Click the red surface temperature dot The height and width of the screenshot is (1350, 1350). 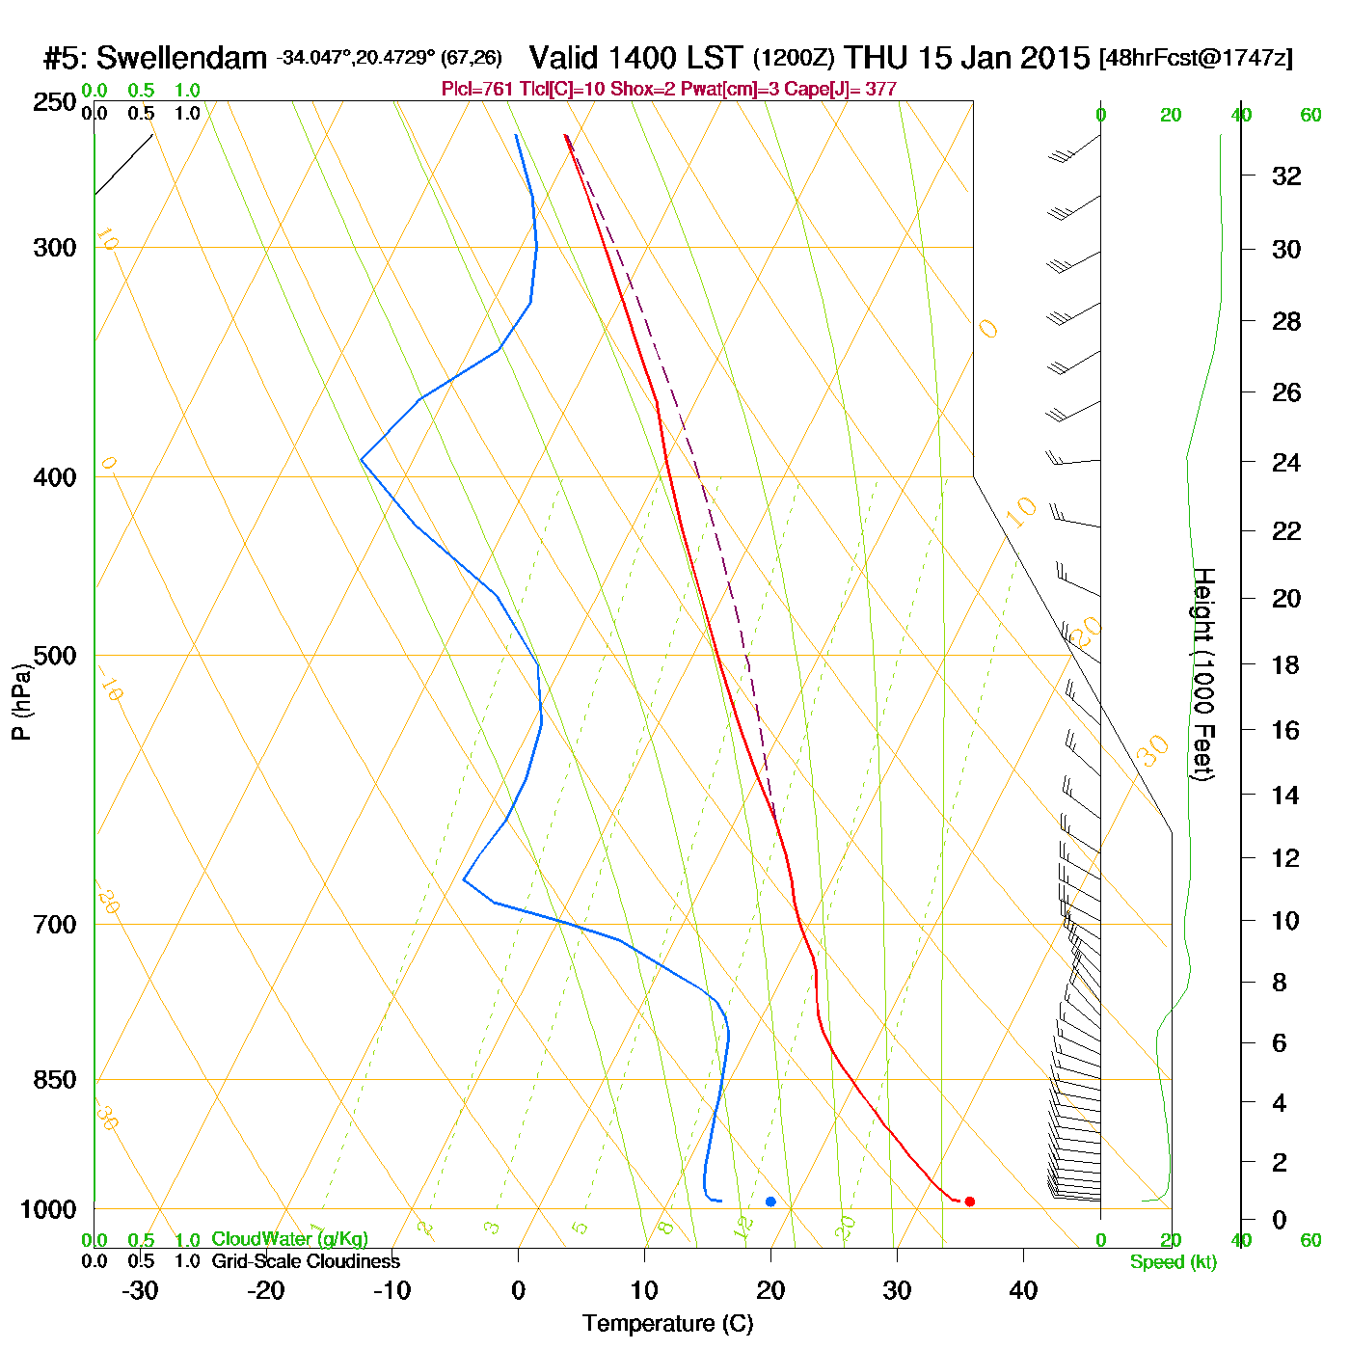click(x=969, y=1201)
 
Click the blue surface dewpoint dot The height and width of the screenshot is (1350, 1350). click(x=770, y=1201)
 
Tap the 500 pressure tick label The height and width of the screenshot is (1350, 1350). click(x=55, y=656)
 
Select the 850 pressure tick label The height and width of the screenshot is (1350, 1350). click(x=55, y=1080)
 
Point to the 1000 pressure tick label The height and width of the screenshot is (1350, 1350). click(x=48, y=1209)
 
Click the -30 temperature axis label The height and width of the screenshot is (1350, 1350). click(x=140, y=1290)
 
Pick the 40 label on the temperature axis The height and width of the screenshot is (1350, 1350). click(x=1023, y=1290)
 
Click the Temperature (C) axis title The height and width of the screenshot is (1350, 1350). click(x=667, y=1324)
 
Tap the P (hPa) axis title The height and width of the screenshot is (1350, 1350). click(x=21, y=701)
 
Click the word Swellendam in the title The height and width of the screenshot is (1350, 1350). click(x=181, y=58)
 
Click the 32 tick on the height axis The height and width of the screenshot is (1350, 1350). click(x=1286, y=175)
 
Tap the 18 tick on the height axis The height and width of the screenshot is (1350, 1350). click(x=1286, y=664)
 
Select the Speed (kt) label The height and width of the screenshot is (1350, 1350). click(x=1174, y=1262)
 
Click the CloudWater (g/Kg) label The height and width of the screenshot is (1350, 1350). click(x=289, y=1239)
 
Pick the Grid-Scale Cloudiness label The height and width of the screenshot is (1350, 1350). click(x=306, y=1261)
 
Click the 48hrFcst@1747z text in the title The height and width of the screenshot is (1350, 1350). click(x=1196, y=58)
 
